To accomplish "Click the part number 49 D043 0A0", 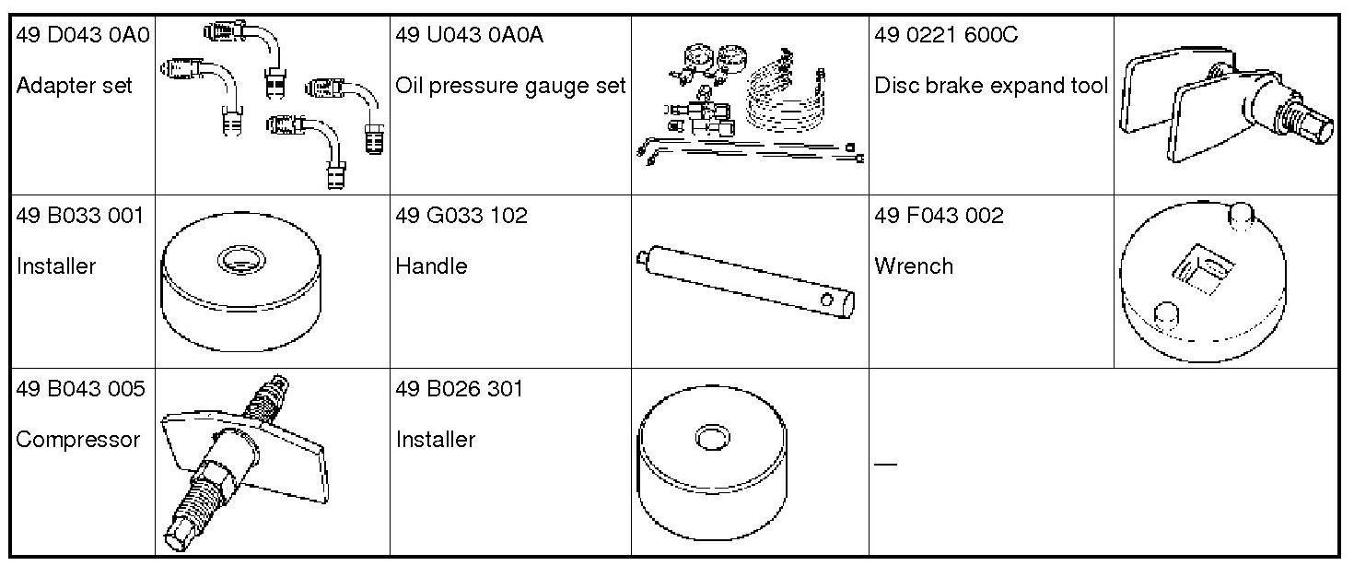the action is tap(83, 34).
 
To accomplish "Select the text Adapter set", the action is tap(74, 85).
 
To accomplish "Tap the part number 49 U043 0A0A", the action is tap(469, 34).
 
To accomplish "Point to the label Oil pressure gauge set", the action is tap(510, 86).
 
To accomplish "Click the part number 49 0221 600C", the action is tap(946, 34).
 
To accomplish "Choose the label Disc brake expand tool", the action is tap(991, 86).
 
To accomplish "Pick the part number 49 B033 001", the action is tap(80, 216).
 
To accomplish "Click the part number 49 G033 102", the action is tap(461, 216).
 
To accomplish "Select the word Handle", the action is tap(431, 266).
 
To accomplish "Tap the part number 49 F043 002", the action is tap(939, 216).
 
